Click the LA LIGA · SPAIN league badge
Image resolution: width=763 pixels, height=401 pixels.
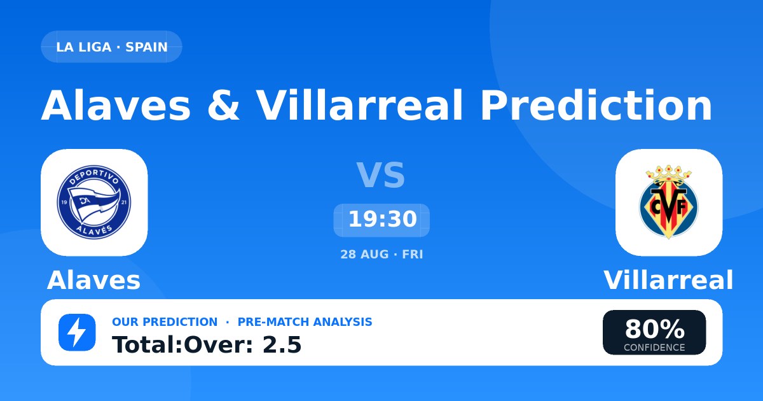111,46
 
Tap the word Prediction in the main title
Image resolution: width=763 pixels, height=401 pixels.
596,105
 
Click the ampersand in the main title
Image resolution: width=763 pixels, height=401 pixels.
223,105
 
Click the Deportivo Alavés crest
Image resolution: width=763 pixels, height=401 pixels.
94,202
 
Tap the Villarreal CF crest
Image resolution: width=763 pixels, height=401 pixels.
669,202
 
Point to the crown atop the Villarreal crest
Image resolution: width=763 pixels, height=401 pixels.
669,176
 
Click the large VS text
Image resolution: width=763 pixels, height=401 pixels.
381,175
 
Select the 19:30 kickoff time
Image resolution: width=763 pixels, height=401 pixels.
382,219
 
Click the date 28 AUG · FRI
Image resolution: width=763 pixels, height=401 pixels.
381,255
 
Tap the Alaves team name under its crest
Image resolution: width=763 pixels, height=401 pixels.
93,280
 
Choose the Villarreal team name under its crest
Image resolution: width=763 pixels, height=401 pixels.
668,280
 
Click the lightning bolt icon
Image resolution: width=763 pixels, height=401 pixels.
77,332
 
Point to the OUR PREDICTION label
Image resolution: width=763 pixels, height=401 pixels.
165,322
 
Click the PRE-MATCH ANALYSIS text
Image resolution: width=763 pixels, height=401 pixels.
305,322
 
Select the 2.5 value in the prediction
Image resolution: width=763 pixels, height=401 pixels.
282,345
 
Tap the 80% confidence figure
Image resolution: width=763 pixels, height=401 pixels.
654,330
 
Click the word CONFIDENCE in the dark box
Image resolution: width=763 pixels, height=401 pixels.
654,348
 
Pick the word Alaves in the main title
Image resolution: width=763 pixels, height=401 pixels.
116,105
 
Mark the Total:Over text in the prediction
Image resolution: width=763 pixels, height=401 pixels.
182,345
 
